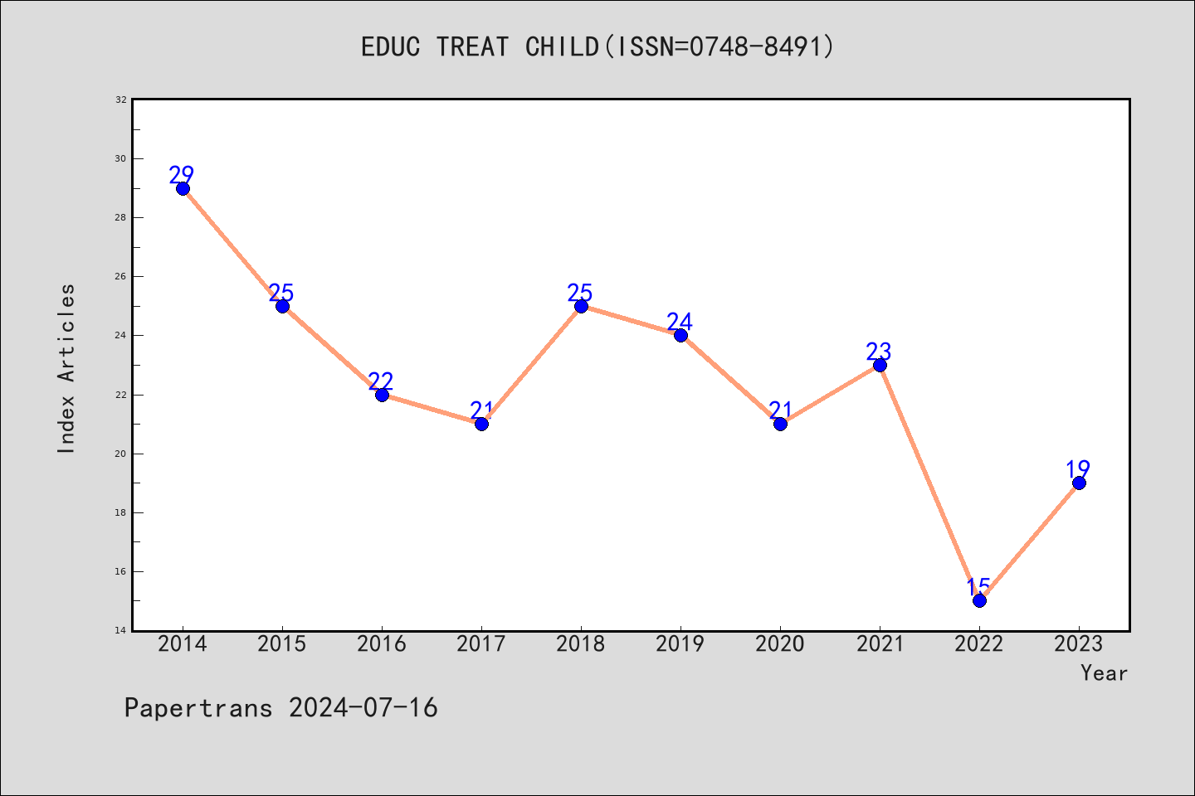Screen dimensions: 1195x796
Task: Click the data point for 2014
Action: [183, 189]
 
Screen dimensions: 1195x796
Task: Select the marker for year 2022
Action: [979, 601]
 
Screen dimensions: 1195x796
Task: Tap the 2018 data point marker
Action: [581, 307]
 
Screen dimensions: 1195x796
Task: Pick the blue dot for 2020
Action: [780, 425]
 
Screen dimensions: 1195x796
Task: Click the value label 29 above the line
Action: [182, 174]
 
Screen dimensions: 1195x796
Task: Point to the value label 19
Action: [1078, 469]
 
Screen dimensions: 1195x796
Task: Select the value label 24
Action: [680, 322]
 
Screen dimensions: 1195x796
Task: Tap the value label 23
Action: [879, 352]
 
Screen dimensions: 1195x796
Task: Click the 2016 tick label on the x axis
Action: [382, 644]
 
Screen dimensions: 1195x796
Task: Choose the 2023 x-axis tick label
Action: [1079, 644]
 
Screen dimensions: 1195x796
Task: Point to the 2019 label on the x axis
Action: [680, 644]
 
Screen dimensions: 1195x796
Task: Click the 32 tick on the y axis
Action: [121, 99]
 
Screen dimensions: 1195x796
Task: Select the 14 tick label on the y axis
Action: [121, 630]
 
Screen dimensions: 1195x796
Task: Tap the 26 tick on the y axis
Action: [121, 277]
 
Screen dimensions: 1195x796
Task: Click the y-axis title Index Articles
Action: [66, 368]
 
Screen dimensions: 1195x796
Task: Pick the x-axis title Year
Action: [1105, 673]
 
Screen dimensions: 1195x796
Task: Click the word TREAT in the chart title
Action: [472, 47]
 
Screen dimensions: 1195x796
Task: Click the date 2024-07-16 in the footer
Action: [363, 708]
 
